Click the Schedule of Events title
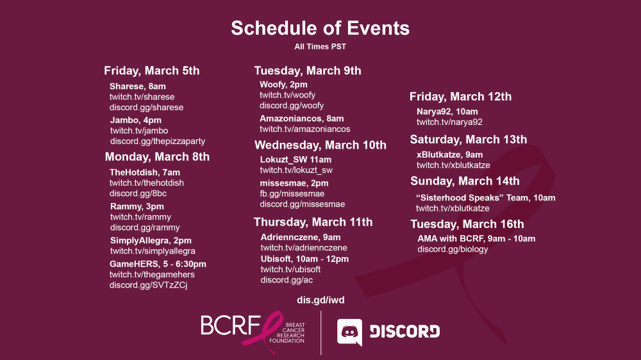320,28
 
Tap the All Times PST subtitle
320,47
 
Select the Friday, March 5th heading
152,70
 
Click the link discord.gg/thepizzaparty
158,142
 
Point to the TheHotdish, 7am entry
145,172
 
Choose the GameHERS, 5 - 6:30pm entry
158,264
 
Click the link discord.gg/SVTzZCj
149,285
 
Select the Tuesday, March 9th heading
308,70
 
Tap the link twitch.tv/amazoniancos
305,129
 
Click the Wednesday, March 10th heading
320,145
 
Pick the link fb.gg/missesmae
292,193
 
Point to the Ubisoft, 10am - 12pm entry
304,259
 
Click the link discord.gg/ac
287,281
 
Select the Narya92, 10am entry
447,111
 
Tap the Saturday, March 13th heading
469,140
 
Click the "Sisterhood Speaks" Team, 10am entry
486,198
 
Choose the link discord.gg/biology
453,249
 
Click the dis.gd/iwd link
320,300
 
